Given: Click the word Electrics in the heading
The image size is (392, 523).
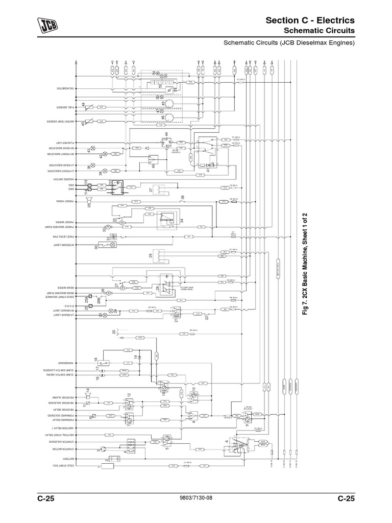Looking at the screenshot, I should tap(332, 20).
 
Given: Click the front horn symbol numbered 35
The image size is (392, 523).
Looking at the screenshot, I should tap(90, 199).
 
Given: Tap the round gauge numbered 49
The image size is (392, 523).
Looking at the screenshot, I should tap(168, 104).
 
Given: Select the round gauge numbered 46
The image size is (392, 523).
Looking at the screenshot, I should tap(168, 118).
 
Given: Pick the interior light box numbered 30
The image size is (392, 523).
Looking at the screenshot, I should tap(108, 245).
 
